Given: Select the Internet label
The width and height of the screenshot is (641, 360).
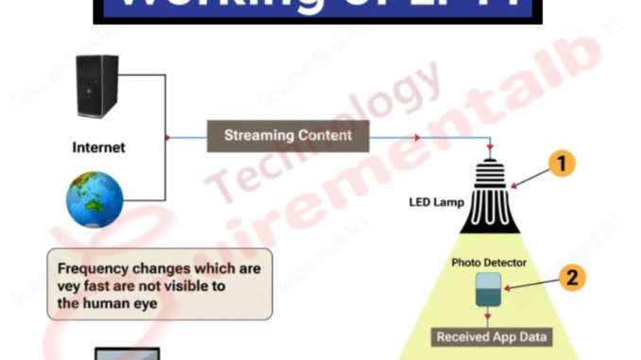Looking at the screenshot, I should pyautogui.click(x=98, y=148).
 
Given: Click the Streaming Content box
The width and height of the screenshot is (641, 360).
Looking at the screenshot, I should pyautogui.click(x=287, y=136).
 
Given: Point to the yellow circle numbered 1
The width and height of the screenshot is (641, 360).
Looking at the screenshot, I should pyautogui.click(x=561, y=164).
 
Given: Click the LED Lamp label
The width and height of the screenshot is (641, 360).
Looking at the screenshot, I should pyautogui.click(x=435, y=202).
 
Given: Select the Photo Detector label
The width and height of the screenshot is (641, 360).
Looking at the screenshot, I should pyautogui.click(x=488, y=262).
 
